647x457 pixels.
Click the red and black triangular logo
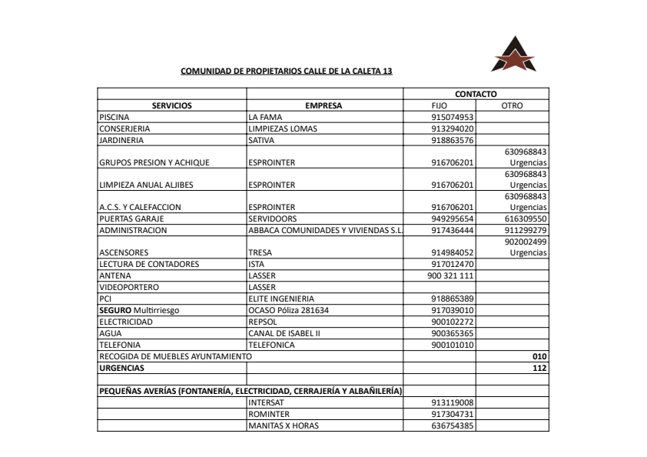[513, 54]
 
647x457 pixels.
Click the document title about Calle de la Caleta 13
[286, 71]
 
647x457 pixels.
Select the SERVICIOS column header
[171, 105]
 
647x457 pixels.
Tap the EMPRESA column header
[323, 105]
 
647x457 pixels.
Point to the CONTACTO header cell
[476, 94]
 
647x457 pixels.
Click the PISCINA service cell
[116, 117]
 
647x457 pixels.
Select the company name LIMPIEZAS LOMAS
[283, 128]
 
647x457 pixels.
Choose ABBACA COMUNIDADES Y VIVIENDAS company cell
[326, 229]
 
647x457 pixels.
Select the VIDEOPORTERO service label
[129, 287]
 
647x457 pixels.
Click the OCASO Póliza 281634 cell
[288, 310]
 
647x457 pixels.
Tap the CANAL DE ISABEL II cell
[284, 333]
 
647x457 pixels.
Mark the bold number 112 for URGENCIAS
[539, 368]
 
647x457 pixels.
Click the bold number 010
[539, 356]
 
